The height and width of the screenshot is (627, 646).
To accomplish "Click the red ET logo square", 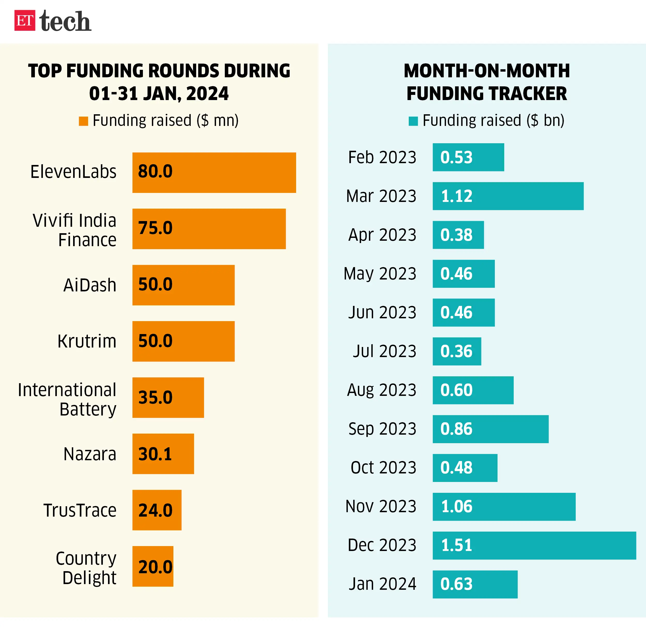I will pyautogui.click(x=25, y=20).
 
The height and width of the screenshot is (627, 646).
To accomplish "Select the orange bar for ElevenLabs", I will pyautogui.click(x=214, y=172).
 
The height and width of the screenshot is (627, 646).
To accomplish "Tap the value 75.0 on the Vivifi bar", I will pyautogui.click(x=155, y=228).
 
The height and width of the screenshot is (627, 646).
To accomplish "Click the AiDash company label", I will pyautogui.click(x=90, y=285).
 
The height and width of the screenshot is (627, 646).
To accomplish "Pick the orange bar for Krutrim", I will pyautogui.click(x=183, y=341).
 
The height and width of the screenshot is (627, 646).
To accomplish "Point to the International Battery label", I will pyautogui.click(x=67, y=399).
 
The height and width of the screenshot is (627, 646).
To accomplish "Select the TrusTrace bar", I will pyautogui.click(x=157, y=510).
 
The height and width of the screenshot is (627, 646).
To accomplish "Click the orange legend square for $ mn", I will pyautogui.click(x=83, y=121).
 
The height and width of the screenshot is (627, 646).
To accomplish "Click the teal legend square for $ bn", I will pyautogui.click(x=413, y=121).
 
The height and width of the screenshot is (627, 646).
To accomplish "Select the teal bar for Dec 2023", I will pyautogui.click(x=534, y=545).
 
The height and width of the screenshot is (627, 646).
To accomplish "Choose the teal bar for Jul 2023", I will pyautogui.click(x=457, y=351).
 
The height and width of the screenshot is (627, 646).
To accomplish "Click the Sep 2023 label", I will pyautogui.click(x=382, y=429).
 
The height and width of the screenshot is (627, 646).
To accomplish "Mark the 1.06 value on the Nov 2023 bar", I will pyautogui.click(x=457, y=506).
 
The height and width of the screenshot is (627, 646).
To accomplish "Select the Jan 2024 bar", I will pyautogui.click(x=475, y=584).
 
